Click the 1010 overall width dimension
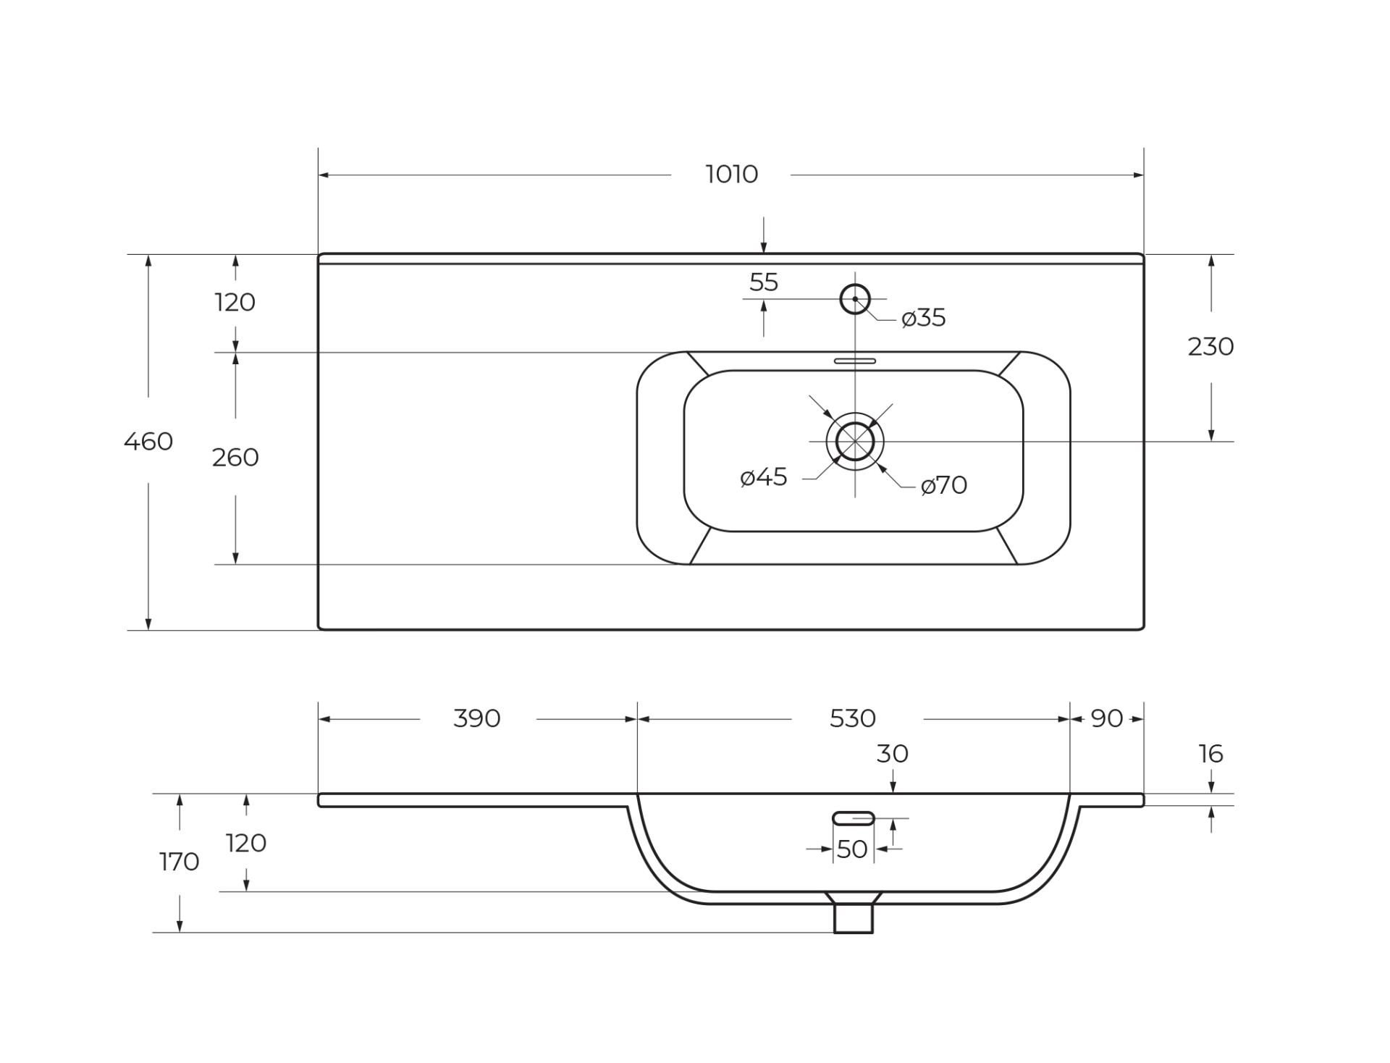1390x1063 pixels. [731, 175]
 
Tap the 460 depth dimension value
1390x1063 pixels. [148, 441]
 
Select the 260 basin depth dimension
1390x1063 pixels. [235, 458]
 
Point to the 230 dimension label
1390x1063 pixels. [1210, 347]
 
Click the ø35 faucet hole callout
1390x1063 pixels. [924, 318]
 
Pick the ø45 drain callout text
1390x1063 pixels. [764, 477]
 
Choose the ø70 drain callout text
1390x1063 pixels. [944, 485]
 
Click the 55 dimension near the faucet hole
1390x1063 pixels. [764, 282]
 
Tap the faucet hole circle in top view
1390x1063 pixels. [855, 299]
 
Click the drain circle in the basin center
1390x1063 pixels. [855, 441]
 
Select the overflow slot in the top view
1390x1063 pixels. [855, 361]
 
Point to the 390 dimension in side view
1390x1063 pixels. [477, 718]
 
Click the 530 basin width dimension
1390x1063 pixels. [853, 718]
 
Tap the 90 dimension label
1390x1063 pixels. [1107, 718]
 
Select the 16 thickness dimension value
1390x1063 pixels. [1210, 754]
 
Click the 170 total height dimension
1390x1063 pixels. [179, 862]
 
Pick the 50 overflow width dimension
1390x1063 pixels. [852, 849]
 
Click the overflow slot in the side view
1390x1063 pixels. [854, 818]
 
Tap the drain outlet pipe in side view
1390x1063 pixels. [854, 918]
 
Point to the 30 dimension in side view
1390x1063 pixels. [892, 754]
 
